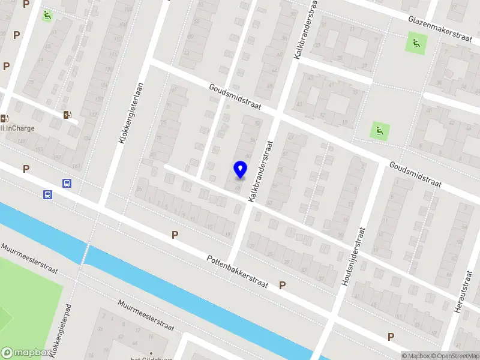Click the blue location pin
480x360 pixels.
(240, 170)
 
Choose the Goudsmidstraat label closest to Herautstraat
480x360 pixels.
(415, 173)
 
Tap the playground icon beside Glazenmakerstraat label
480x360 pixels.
(415, 43)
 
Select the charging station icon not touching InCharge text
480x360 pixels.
(67, 114)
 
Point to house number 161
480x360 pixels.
(75, 165)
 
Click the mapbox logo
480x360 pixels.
(25, 352)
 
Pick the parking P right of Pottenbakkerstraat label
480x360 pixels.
(282, 286)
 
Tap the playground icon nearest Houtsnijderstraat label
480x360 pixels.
(379, 129)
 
